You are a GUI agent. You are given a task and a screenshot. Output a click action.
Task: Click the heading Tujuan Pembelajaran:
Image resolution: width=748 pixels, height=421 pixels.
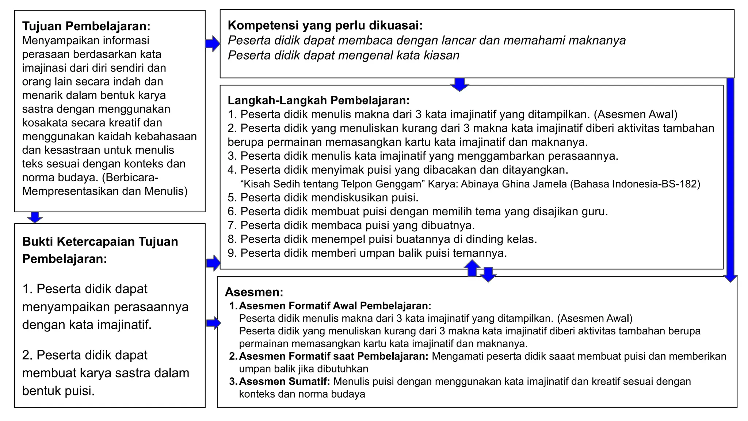pyautogui.click(x=86, y=26)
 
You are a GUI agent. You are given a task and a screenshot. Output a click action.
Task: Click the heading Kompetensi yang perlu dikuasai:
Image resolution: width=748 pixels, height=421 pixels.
pyautogui.click(x=325, y=25)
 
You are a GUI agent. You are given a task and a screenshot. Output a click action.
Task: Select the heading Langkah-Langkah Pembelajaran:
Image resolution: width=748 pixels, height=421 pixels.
pyautogui.click(x=318, y=100)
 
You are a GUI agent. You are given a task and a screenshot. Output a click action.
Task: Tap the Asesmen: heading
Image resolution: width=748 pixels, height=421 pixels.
pyautogui.click(x=254, y=292)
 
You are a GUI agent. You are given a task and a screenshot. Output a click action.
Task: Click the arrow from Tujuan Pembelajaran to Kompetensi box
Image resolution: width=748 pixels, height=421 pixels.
pyautogui.click(x=213, y=44)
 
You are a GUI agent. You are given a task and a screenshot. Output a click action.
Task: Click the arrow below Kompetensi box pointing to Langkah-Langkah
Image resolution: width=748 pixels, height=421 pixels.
pyautogui.click(x=459, y=84)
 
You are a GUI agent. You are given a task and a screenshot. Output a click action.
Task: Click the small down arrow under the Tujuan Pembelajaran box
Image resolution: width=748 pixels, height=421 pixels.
pyautogui.click(x=35, y=217)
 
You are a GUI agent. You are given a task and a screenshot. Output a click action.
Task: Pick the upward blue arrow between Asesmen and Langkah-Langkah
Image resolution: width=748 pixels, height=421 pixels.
pyautogui.click(x=472, y=268)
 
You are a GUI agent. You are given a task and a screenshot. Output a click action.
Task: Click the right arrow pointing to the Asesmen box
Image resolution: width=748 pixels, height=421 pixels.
pyautogui.click(x=213, y=323)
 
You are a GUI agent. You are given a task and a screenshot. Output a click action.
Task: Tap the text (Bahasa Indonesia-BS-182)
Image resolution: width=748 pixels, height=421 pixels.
pyautogui.click(x=635, y=184)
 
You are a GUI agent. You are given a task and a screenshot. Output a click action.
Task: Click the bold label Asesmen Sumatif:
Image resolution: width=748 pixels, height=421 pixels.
pyautogui.click(x=284, y=382)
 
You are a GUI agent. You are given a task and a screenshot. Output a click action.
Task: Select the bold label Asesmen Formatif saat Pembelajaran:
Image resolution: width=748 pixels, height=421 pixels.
pyautogui.click(x=333, y=356)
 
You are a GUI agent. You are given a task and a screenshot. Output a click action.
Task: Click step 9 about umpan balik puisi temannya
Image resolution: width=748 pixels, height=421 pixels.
pyautogui.click(x=367, y=253)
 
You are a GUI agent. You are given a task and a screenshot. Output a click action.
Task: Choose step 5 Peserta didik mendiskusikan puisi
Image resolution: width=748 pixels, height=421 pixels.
pyautogui.click(x=323, y=198)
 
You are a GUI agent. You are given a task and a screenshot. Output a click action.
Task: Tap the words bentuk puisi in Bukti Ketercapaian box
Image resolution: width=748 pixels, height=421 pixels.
pyautogui.click(x=58, y=391)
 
